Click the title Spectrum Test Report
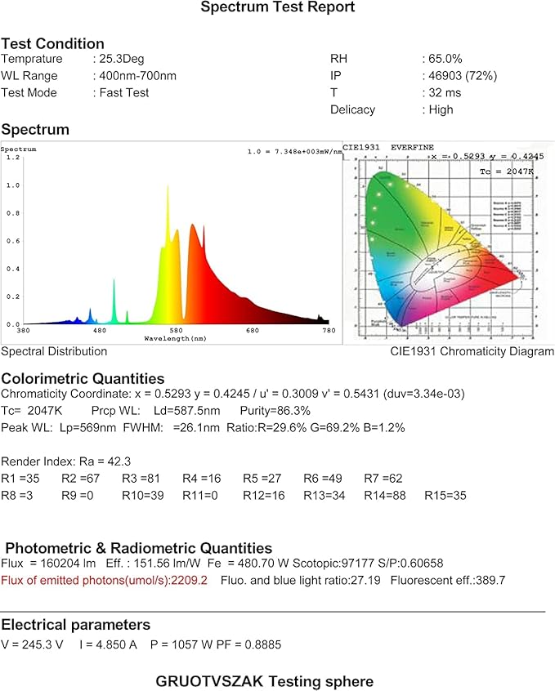[x=278, y=7]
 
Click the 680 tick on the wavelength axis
[x=252, y=330]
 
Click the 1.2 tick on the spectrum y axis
[x=11, y=157]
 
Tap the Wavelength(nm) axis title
[x=175, y=337]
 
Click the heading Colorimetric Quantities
[x=83, y=378]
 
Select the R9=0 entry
[x=78, y=495]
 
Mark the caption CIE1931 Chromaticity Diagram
[x=472, y=351]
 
